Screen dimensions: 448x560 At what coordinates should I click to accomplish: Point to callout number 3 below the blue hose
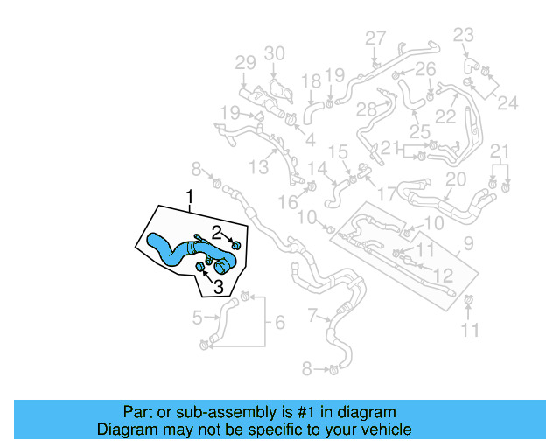click(218, 286)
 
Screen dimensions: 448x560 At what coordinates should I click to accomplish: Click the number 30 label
click(275, 54)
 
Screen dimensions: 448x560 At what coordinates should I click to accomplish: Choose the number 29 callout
click(245, 62)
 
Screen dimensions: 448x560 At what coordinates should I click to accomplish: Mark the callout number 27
click(375, 38)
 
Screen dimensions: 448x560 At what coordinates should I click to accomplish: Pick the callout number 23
click(463, 34)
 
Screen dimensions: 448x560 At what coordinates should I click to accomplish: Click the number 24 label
click(507, 102)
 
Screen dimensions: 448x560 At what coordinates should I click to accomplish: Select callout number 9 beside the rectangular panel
click(469, 243)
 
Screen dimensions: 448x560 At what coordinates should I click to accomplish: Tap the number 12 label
click(444, 276)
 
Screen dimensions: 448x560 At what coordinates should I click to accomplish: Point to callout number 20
click(456, 179)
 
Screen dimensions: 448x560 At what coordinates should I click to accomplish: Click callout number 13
click(259, 166)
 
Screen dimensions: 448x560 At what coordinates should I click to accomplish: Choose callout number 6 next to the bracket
click(280, 323)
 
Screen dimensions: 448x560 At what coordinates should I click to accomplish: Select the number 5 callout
click(199, 317)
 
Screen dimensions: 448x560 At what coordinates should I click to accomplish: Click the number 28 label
click(366, 109)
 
